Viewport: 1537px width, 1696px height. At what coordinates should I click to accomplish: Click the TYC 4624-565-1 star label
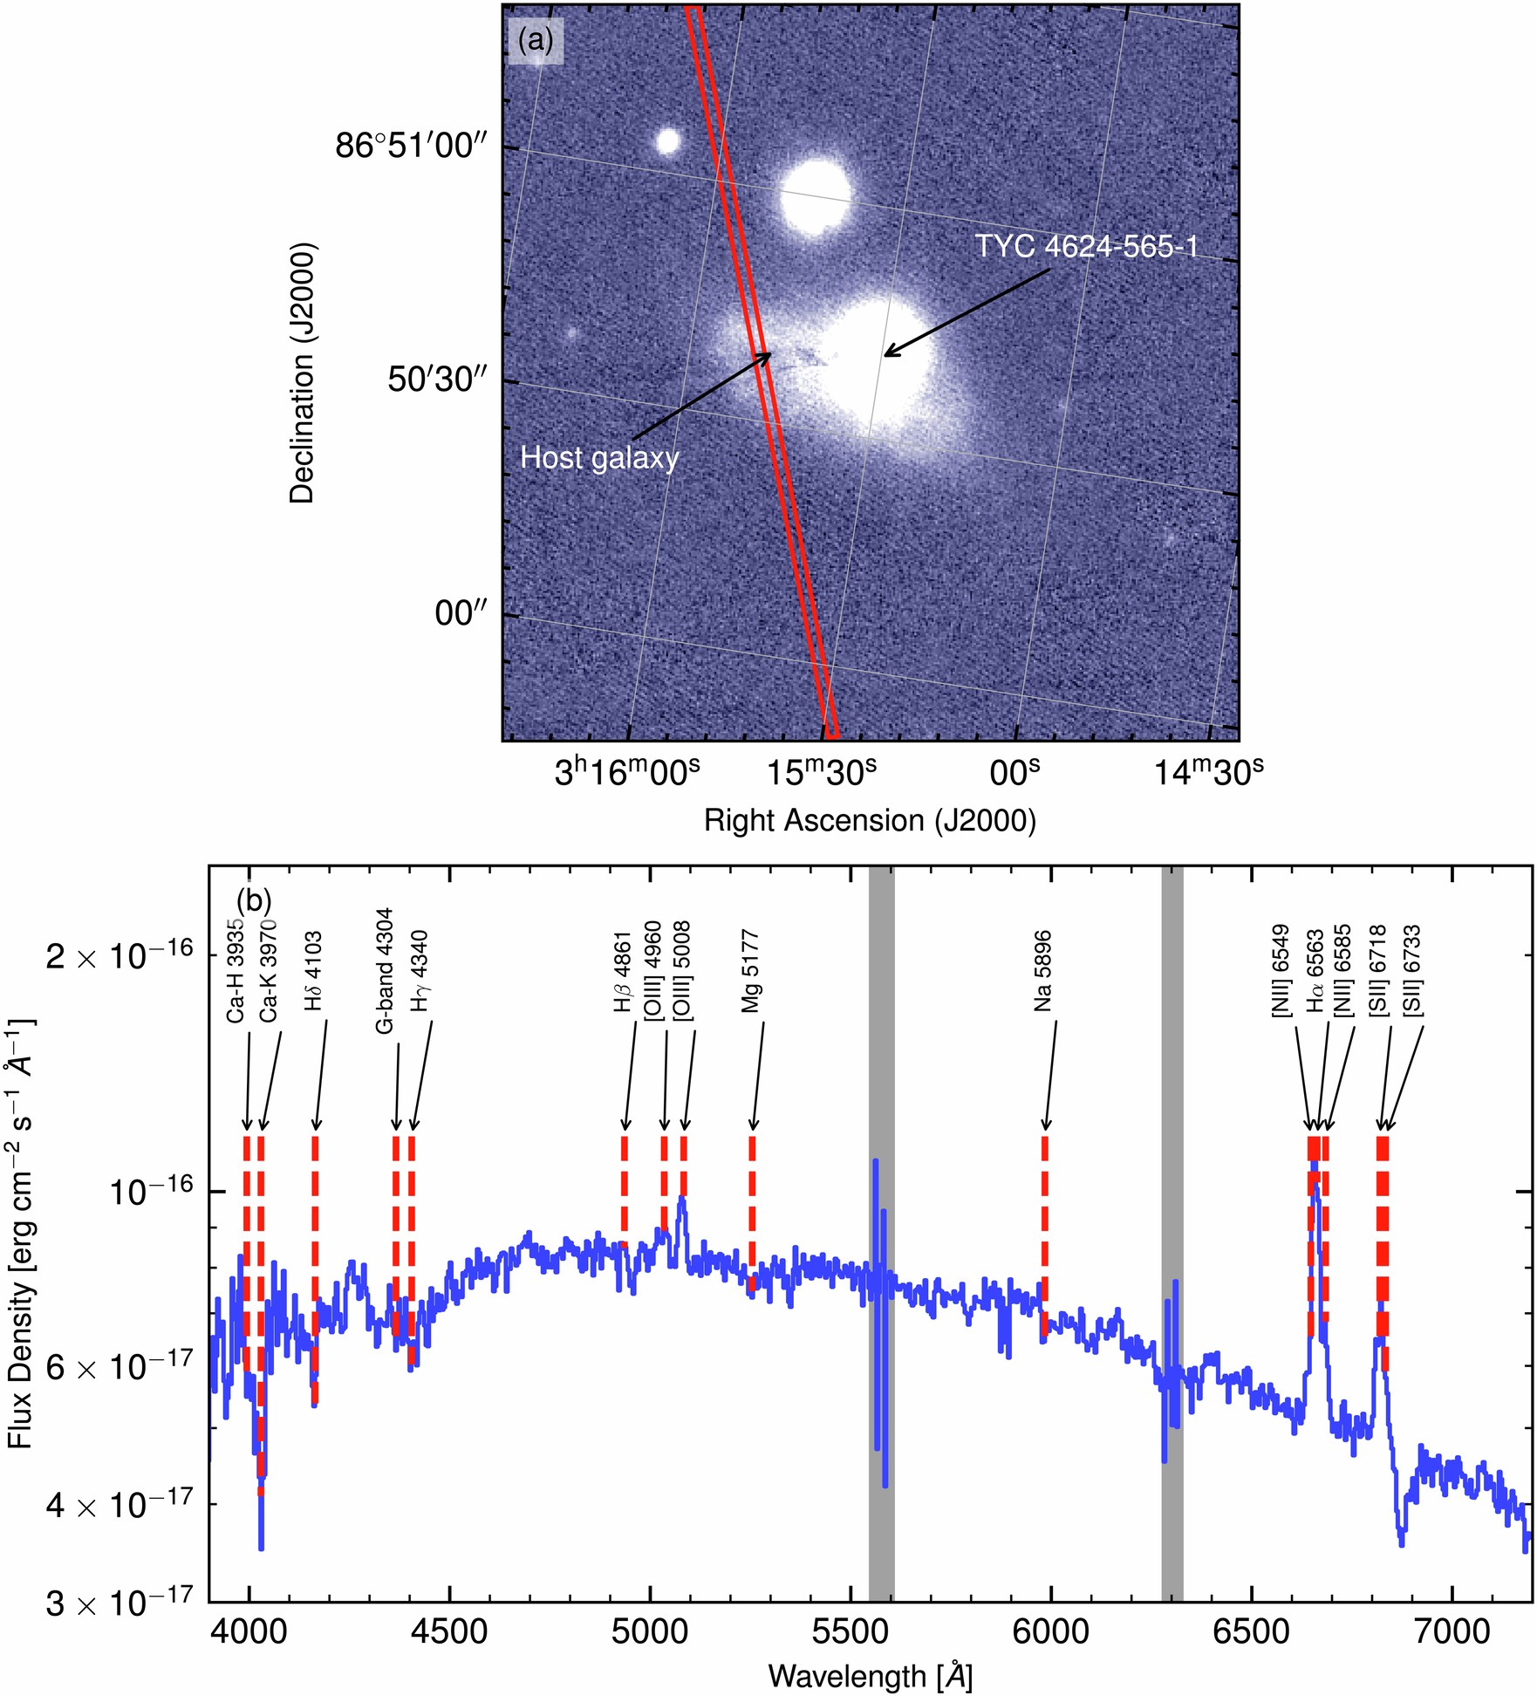coord(1086,247)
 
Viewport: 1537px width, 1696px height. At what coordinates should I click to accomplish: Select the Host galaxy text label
coord(599,458)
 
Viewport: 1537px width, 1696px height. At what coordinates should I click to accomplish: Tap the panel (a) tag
coord(536,40)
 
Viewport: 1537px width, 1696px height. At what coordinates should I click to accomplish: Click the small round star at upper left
coord(667,140)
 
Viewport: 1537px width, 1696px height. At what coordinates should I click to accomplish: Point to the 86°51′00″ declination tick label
coord(409,146)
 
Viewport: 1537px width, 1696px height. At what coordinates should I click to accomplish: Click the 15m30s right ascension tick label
coord(821,771)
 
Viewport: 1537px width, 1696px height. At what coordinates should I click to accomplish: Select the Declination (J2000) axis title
coord(302,373)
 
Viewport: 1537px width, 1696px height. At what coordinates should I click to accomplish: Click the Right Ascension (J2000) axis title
coord(870,821)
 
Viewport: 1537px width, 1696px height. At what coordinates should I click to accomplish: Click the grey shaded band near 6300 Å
coord(1172,1309)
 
